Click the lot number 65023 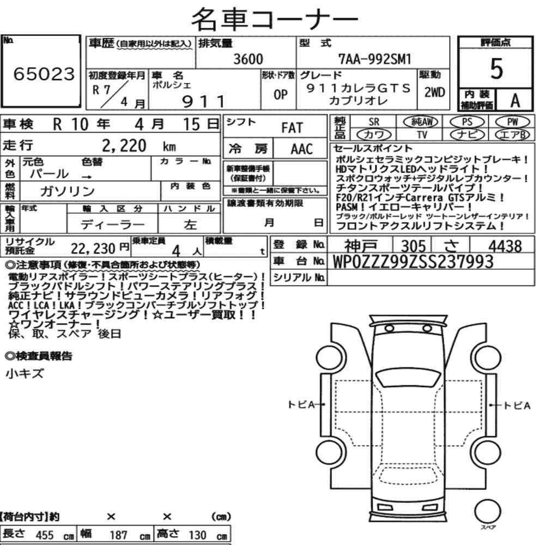point(44,74)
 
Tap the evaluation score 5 point(496,69)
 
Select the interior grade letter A point(515,101)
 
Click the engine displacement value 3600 point(248,59)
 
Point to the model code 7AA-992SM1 point(375,59)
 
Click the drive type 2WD point(434,93)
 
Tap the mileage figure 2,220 point(124,146)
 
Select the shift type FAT point(292,128)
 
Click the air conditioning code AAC point(302,149)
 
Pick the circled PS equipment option point(467,122)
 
